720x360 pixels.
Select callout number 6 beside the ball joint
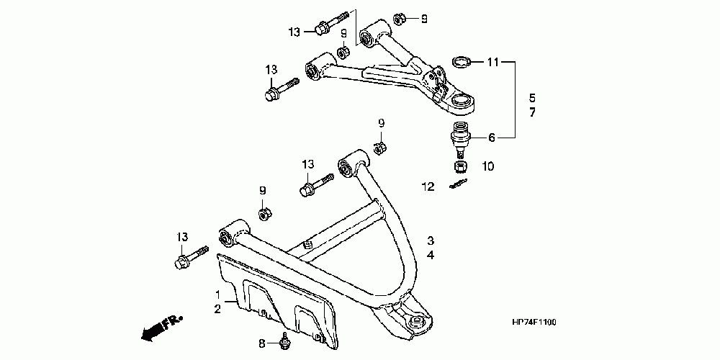[492, 138]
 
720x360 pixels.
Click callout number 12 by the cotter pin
[429, 186]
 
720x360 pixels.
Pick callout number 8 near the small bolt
[263, 344]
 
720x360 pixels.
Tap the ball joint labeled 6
[459, 137]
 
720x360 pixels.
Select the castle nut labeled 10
[459, 167]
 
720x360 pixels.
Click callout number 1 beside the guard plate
[217, 295]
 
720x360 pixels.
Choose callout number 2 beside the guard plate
[217, 309]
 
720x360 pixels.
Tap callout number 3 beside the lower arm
[430, 240]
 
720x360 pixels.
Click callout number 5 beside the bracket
[532, 97]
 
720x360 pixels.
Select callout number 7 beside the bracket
[532, 113]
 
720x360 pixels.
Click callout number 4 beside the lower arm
[430, 255]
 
